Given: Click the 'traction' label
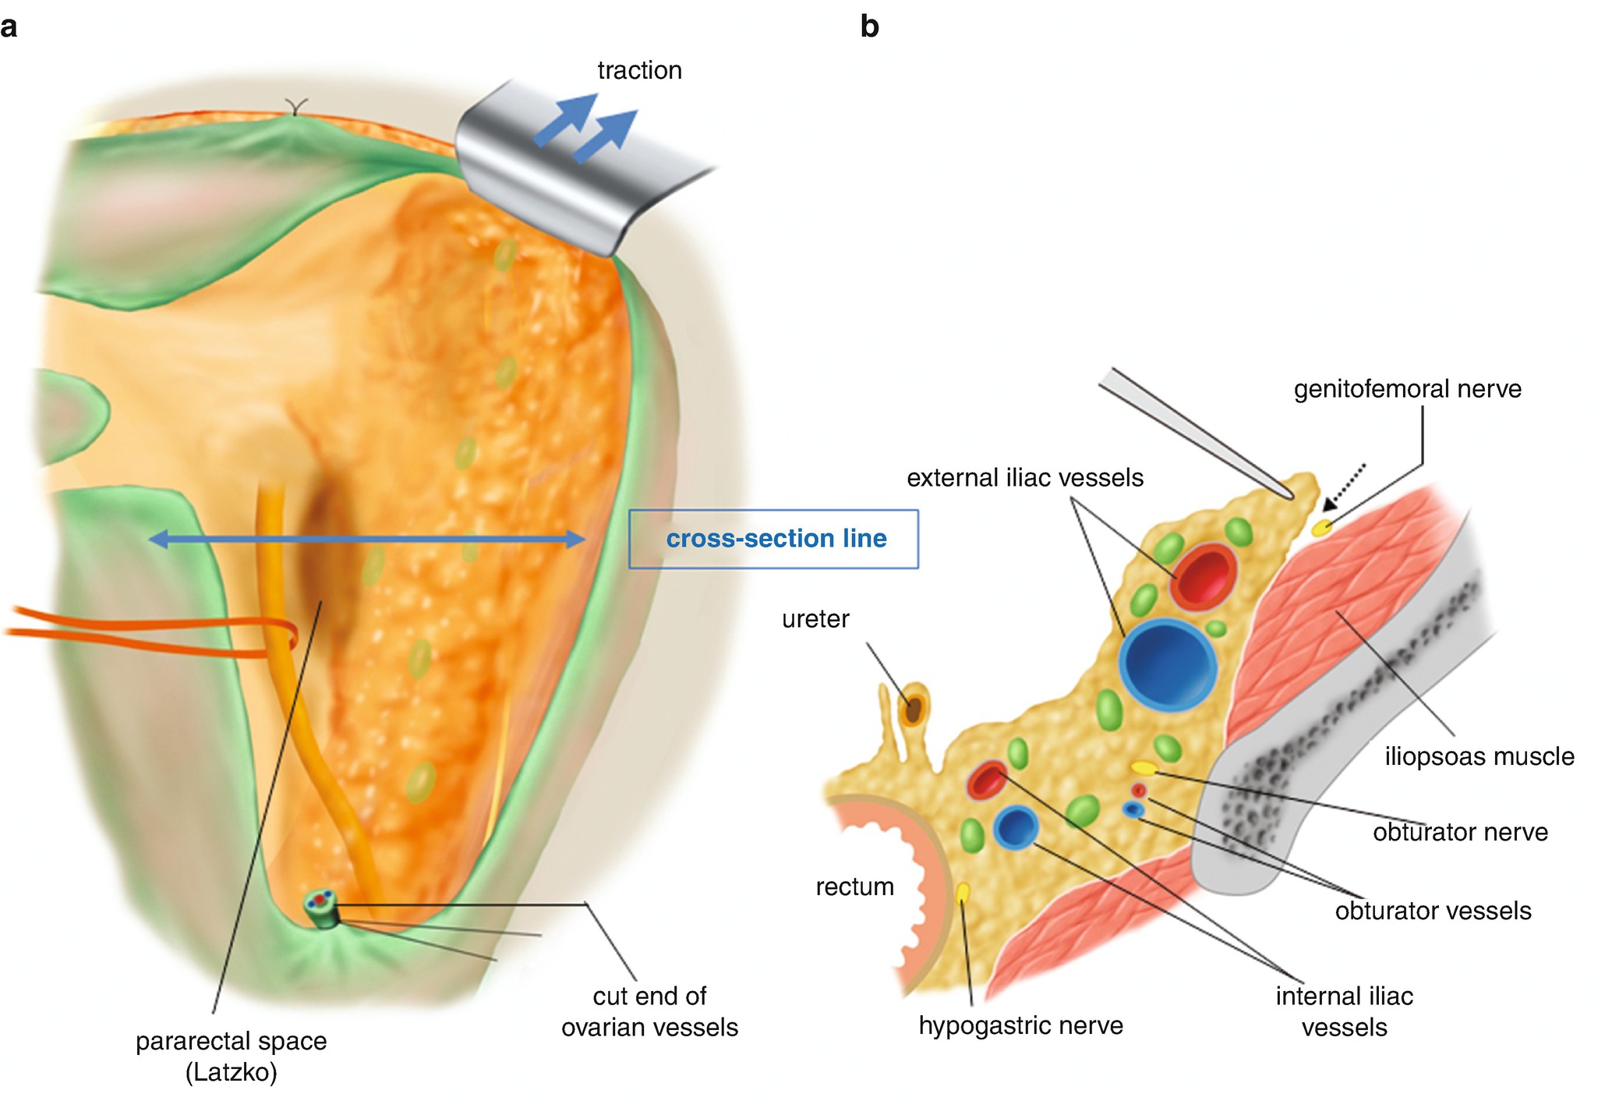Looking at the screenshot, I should tap(639, 71).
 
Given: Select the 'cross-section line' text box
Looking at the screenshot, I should tap(774, 539).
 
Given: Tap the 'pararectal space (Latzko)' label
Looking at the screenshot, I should tap(231, 1056).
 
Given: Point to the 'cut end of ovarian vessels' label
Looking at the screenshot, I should tap(649, 1011).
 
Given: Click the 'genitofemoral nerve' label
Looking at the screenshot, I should tap(1407, 389).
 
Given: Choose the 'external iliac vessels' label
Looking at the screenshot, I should tap(1024, 478).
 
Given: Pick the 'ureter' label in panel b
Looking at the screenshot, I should tap(815, 619).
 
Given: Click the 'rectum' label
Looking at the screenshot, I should tap(854, 887).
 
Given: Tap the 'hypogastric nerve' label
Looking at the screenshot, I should tap(1020, 1025).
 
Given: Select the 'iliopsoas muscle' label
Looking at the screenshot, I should tap(1479, 756).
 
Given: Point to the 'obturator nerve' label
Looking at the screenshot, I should tap(1460, 832).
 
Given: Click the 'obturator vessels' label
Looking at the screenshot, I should tap(1433, 911).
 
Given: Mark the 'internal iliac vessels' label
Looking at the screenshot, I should tap(1344, 1011).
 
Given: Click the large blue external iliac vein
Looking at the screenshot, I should tap(1167, 665).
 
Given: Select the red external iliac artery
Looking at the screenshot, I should tap(1204, 577).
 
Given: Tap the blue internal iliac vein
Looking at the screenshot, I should tap(1015, 828).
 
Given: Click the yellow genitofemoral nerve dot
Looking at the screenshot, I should tap(1321, 528).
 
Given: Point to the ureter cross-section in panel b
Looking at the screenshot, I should tap(912, 709).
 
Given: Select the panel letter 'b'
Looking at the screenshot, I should tap(869, 27).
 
